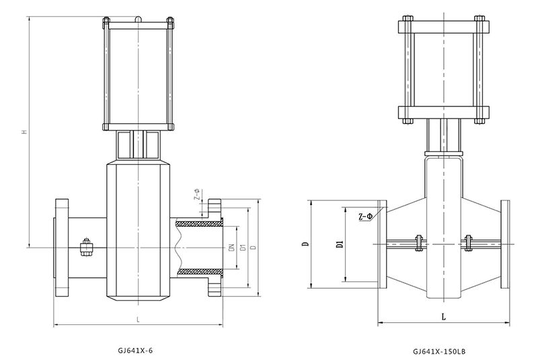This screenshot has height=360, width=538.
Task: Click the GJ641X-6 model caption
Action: [x=141, y=351]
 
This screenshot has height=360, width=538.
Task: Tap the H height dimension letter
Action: [x=24, y=132]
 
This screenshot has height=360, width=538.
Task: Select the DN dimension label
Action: [x=230, y=248]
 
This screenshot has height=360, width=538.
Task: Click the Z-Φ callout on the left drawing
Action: [x=196, y=195]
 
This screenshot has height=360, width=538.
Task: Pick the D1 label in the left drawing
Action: [x=242, y=248]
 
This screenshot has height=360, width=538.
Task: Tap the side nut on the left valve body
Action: [x=86, y=247]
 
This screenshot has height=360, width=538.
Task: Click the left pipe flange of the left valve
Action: [x=61, y=248]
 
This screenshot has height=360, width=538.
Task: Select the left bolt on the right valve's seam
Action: [x=417, y=242]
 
